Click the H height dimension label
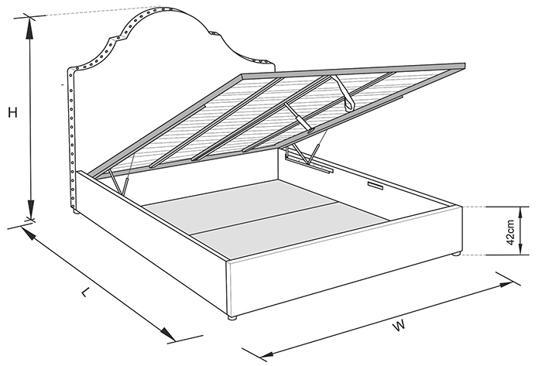[x=13, y=112]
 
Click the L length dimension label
[x=85, y=292]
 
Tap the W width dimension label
[x=399, y=325]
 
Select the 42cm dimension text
[x=511, y=231]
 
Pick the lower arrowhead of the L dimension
[x=167, y=334]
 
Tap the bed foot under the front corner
[x=232, y=317]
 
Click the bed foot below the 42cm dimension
[x=456, y=255]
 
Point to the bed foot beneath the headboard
[x=76, y=210]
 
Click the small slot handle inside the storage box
[x=375, y=186]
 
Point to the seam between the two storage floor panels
[x=262, y=218]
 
